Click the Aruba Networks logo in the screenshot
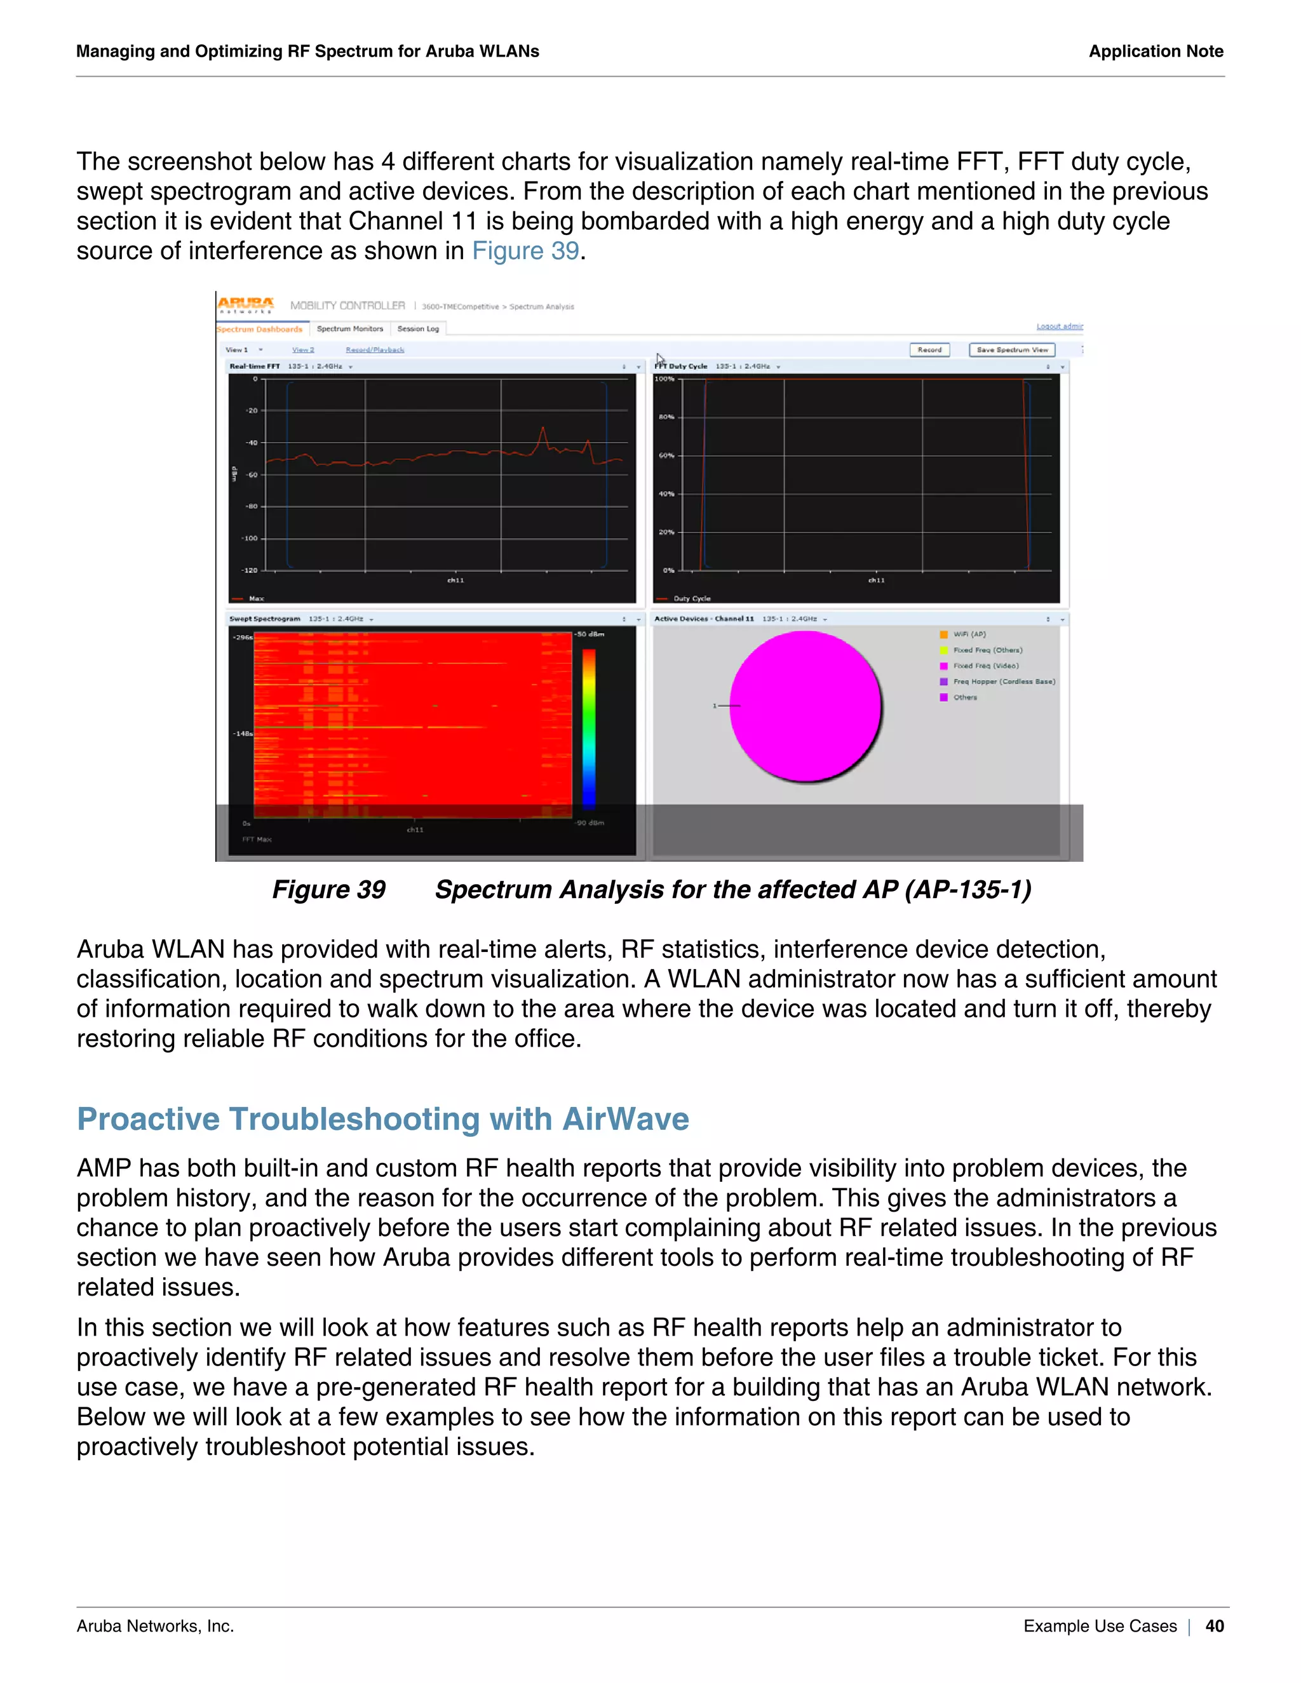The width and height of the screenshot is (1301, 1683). (x=245, y=305)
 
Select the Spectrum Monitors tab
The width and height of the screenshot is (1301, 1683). (x=350, y=329)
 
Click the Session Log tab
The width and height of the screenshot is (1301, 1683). (x=418, y=329)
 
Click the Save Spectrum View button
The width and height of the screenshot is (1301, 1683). (x=1012, y=350)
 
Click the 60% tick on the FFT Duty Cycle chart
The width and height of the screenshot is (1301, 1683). (x=666, y=455)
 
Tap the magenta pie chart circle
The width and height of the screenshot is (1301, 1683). (x=805, y=706)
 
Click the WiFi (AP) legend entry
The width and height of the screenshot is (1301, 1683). (x=969, y=634)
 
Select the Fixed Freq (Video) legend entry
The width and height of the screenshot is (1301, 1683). (x=985, y=666)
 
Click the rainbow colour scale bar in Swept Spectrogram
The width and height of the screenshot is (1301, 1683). (x=589, y=728)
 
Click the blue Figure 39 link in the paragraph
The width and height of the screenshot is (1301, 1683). (x=525, y=251)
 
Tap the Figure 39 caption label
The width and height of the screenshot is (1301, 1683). (x=328, y=889)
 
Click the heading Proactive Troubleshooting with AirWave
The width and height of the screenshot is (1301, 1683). (x=382, y=1119)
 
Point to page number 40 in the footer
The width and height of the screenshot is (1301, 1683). (x=1214, y=1626)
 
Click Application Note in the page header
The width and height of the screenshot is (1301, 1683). (x=1156, y=51)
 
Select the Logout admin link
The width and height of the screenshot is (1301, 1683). (x=1059, y=326)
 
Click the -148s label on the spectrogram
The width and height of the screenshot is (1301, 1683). (x=243, y=734)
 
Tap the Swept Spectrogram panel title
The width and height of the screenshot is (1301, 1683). (x=264, y=619)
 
